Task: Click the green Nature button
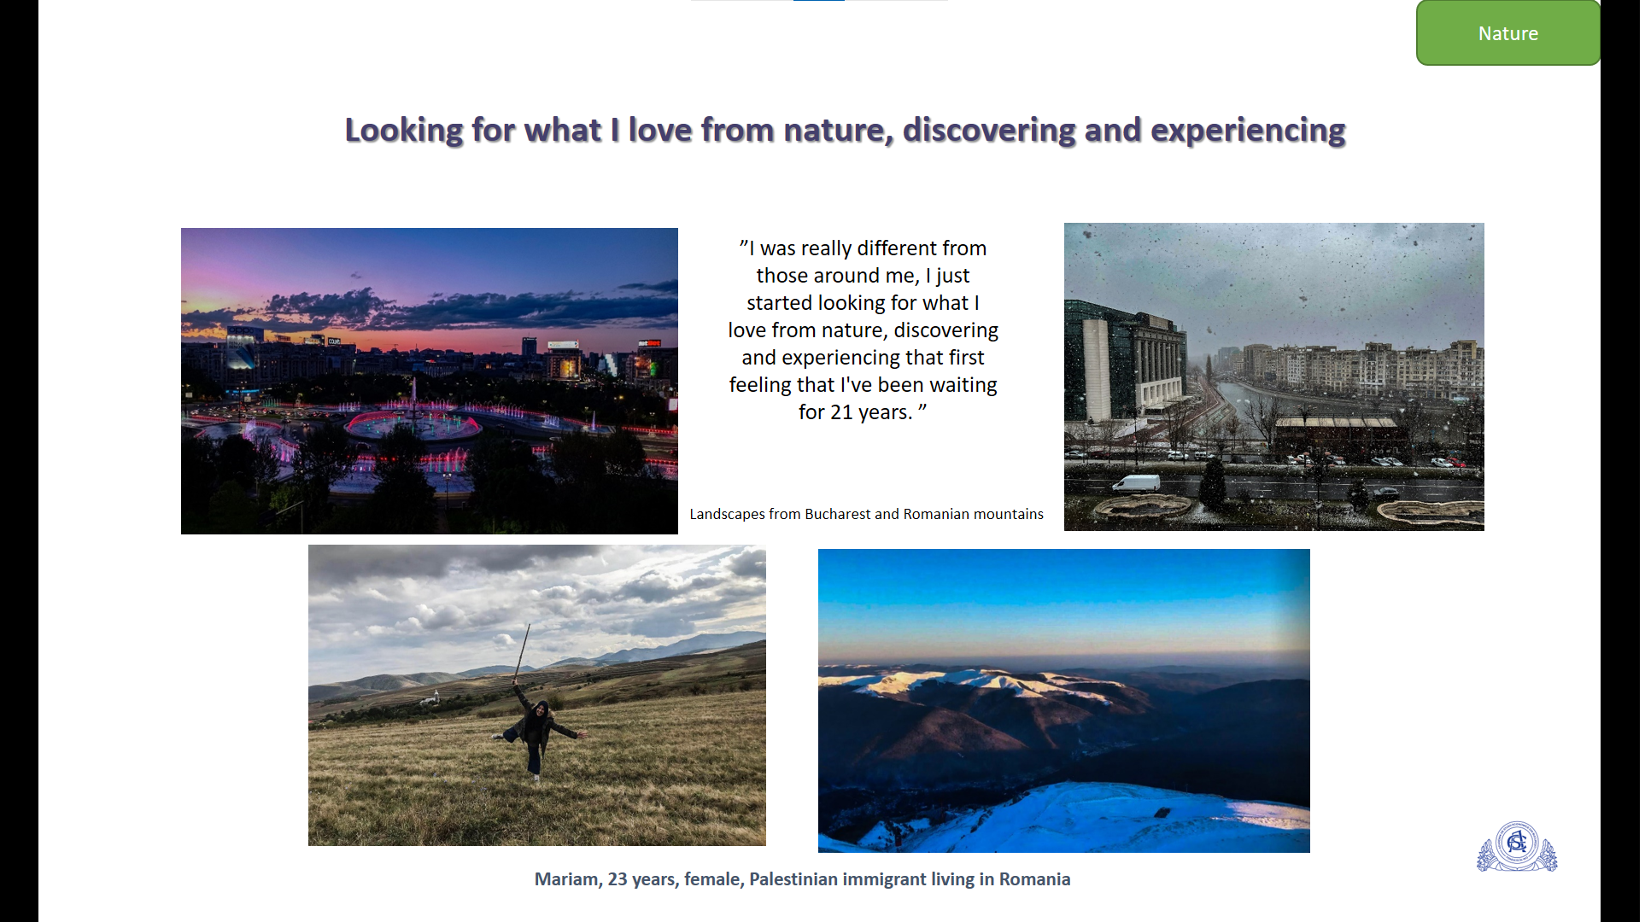coord(1507,33)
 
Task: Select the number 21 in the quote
coord(842,412)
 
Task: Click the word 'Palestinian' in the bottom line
coord(793,879)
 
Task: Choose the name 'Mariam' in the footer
coord(568,879)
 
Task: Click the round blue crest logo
coord(1517,845)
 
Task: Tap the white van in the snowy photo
coord(1136,484)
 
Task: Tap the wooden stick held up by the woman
coord(522,653)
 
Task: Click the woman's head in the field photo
coord(541,709)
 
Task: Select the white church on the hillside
coord(436,697)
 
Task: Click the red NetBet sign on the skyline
coord(650,343)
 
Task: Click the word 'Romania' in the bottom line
coord(1034,879)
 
